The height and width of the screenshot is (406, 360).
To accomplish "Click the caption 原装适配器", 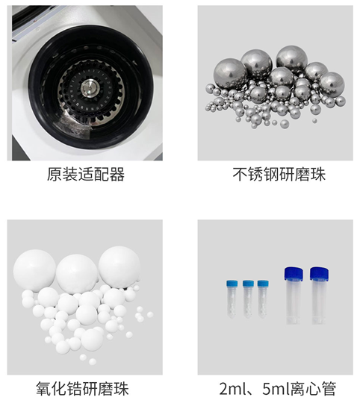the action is pos(86,174).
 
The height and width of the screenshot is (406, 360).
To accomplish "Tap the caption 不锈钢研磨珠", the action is pos(279,174).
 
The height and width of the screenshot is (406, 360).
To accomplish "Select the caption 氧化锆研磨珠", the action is pos(82,388).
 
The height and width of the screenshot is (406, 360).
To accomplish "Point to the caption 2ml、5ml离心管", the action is pos(278,388).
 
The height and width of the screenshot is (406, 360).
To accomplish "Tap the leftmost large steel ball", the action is pos(230,74).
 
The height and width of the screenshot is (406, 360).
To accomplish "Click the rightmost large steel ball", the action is pos(332,84).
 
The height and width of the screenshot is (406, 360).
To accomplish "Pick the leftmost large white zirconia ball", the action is pos(34,270).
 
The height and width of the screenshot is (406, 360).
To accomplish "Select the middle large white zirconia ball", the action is pos(77,274).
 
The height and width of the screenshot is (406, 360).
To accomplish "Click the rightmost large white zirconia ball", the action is pos(120,267).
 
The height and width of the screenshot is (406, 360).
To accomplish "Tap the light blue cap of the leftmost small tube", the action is pos(232,284).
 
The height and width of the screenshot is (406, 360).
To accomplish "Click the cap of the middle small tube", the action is pos(248,284).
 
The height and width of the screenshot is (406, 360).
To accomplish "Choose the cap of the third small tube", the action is pos(263,284).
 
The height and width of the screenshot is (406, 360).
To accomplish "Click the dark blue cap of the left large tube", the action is pos(294,274).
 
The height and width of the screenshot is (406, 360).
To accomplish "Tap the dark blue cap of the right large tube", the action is pos(319,274).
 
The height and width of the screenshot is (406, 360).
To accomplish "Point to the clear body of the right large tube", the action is pos(319,302).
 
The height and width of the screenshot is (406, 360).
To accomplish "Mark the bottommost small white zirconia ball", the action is pos(93,361).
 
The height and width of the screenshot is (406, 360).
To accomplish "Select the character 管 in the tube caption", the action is pos(329,388).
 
